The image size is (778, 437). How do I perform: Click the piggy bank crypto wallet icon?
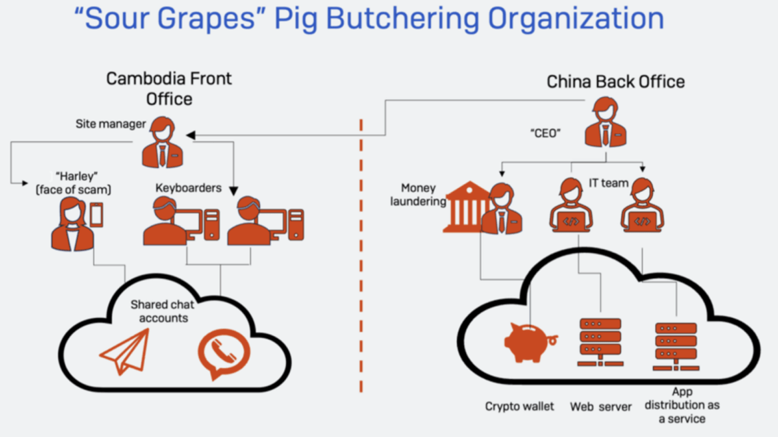coord(529,343)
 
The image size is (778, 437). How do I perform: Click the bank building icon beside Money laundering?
coord(467,207)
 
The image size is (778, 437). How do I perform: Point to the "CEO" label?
coord(545,133)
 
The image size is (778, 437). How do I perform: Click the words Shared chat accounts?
coord(163,311)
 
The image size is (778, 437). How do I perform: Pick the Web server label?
coord(600,406)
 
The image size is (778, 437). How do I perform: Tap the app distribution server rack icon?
coord(676,346)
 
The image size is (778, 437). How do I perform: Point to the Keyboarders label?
coord(188,188)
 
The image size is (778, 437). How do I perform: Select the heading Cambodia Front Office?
coord(169,88)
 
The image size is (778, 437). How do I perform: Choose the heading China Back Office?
coord(615,82)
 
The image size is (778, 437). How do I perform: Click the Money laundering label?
coord(418,195)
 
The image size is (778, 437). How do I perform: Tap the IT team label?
coord(608,183)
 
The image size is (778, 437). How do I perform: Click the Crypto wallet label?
coord(519,406)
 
